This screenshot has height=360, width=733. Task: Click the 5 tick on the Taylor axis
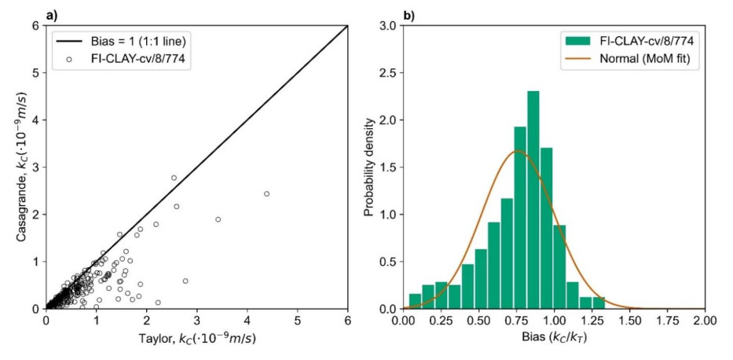tap(298, 321)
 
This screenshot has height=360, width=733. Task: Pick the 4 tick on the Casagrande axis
tap(35, 120)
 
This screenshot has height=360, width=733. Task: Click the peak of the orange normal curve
tap(517, 151)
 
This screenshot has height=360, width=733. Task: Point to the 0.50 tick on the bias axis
tap(478, 321)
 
